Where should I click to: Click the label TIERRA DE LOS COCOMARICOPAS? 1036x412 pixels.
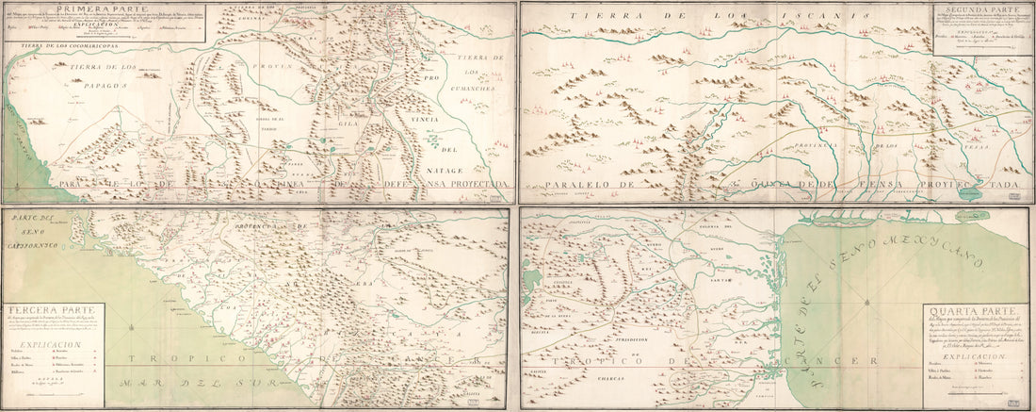60,45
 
